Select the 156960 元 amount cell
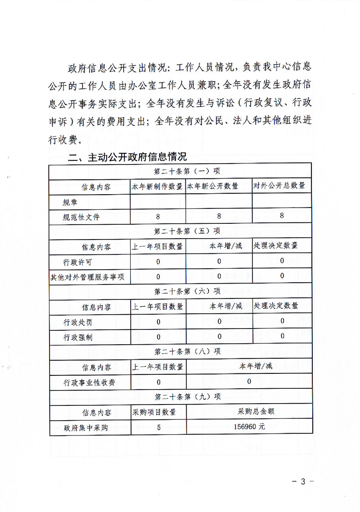pyautogui.click(x=249, y=427)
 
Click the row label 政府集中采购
pyautogui.click(x=86, y=428)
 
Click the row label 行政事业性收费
pyautogui.click(x=89, y=382)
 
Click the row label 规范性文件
pyautogui.click(x=81, y=216)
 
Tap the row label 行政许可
pyautogui.click(x=77, y=261)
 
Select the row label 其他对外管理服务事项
pyautogui.click(x=89, y=277)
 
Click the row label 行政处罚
pyautogui.click(x=77, y=322)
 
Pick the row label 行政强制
pyautogui.click(x=77, y=337)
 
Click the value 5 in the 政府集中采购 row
pyautogui.click(x=158, y=428)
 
